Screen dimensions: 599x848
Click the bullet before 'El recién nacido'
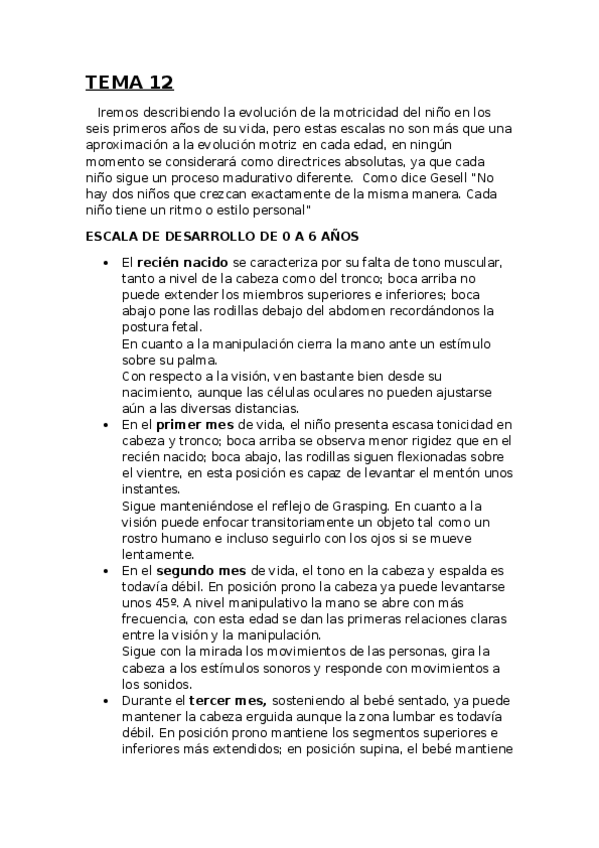click(x=106, y=262)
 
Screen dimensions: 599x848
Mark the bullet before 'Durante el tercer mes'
click(x=106, y=700)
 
